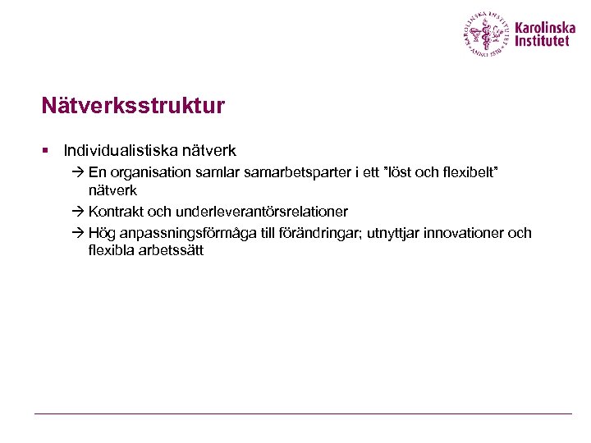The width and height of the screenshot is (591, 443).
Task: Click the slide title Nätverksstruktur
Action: tap(133, 107)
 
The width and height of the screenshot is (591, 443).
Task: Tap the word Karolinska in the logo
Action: tap(546, 27)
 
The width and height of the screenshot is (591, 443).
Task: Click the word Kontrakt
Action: tap(116, 212)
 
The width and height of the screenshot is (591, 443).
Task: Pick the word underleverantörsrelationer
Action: tap(262, 212)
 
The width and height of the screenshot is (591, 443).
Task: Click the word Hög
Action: tap(102, 233)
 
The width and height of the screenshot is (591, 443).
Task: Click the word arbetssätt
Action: tap(171, 250)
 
